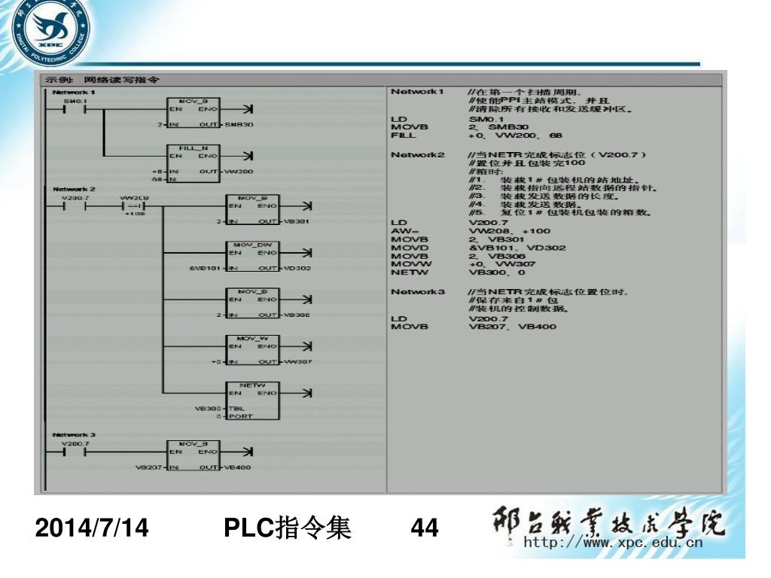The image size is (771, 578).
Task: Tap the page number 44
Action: pyautogui.click(x=425, y=530)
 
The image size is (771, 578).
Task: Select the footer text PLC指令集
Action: pyautogui.click(x=288, y=530)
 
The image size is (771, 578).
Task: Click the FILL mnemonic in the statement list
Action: pyautogui.click(x=404, y=135)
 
